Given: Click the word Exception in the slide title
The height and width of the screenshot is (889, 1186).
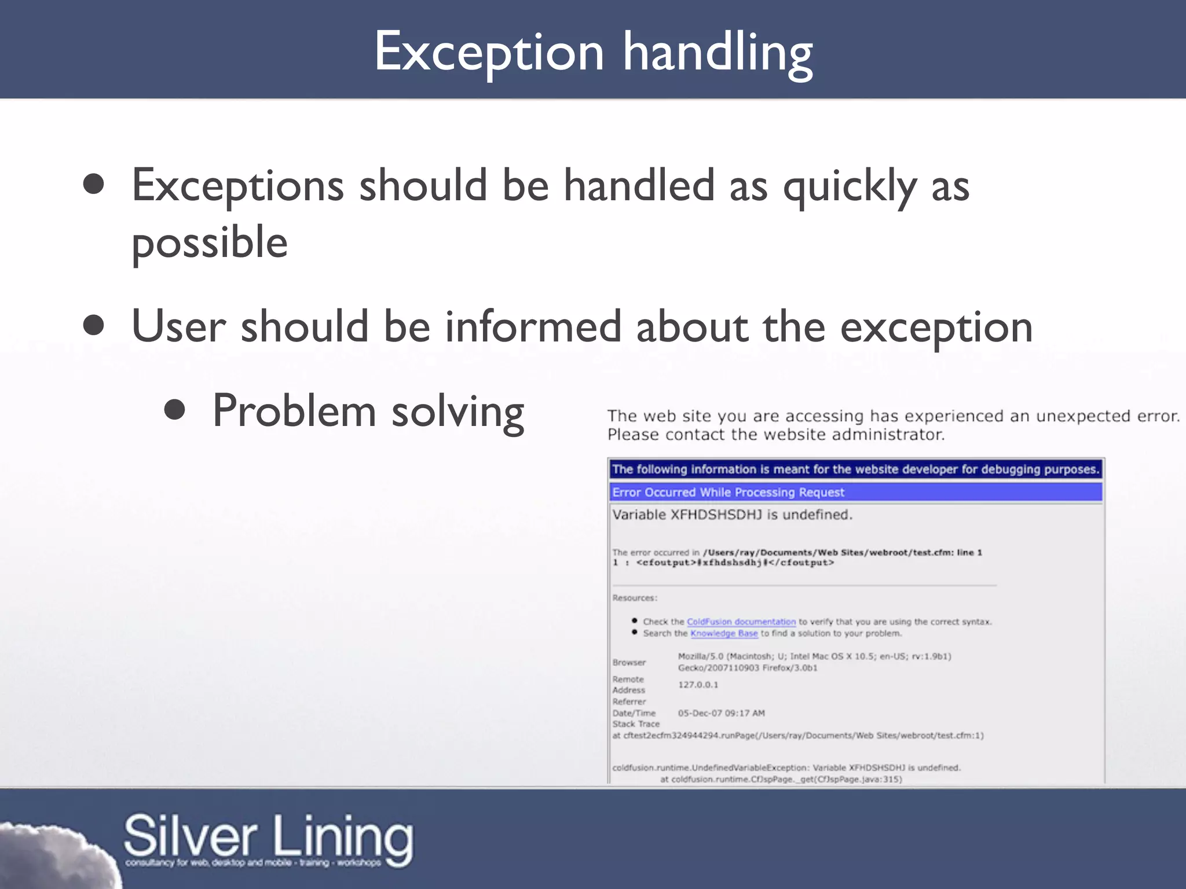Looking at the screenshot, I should pyautogui.click(x=489, y=53).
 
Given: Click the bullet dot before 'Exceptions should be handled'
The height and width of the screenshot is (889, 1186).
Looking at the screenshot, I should pyautogui.click(x=93, y=185).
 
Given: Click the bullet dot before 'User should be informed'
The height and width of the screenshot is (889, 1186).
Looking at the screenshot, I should pyautogui.click(x=93, y=325).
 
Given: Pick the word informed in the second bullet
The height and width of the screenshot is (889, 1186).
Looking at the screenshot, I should pyautogui.click(x=533, y=326).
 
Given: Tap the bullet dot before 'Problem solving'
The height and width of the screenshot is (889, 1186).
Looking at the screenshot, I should pyautogui.click(x=174, y=410).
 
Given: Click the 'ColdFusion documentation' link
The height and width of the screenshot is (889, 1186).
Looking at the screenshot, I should pyautogui.click(x=741, y=622).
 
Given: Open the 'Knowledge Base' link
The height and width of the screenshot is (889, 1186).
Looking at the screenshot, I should pyautogui.click(x=724, y=633).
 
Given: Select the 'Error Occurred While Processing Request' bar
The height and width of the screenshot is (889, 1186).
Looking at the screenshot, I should pyautogui.click(x=856, y=492).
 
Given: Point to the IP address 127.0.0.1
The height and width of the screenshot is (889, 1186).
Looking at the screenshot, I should pyautogui.click(x=698, y=685).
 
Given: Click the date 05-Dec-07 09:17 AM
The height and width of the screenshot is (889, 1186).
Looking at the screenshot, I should pyautogui.click(x=721, y=713).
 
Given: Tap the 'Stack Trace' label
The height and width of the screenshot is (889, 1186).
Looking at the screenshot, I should pyautogui.click(x=636, y=724).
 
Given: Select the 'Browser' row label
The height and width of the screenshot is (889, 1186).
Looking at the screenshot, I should pyautogui.click(x=629, y=662).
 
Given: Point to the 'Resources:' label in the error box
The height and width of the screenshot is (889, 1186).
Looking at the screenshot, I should pyautogui.click(x=635, y=598).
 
